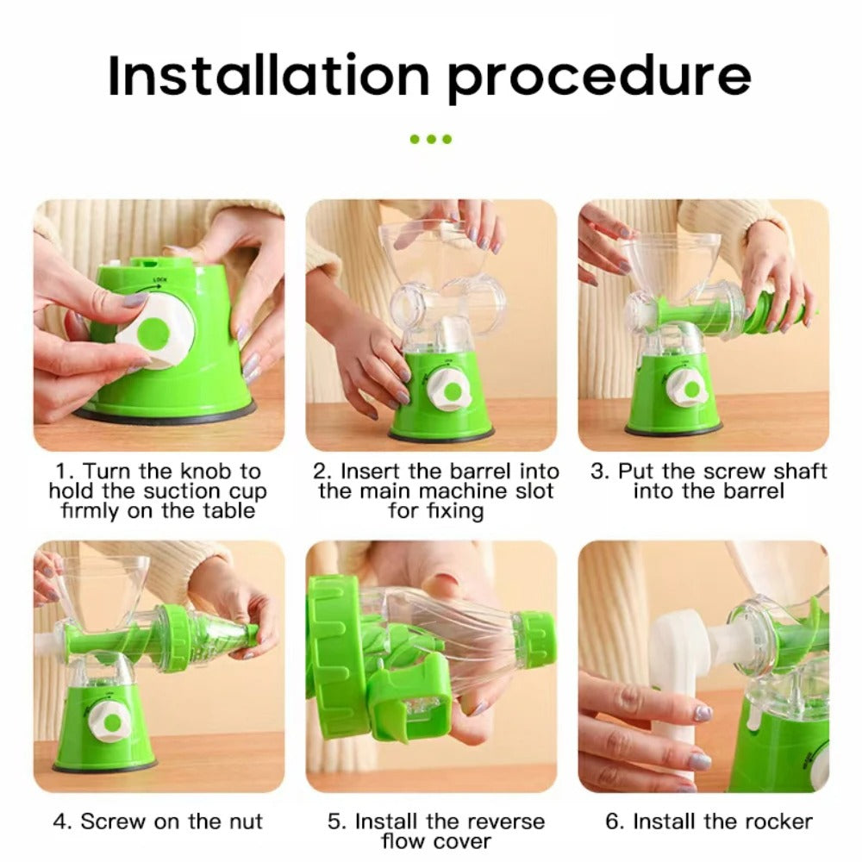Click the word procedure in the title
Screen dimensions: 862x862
[x=598, y=78]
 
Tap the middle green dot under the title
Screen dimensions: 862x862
[x=430, y=139]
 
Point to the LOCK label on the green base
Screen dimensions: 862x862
[x=159, y=280]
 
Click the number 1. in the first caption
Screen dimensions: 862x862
[x=65, y=472]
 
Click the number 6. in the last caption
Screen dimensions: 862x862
[x=614, y=821]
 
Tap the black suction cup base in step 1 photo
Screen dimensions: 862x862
[x=164, y=413]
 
